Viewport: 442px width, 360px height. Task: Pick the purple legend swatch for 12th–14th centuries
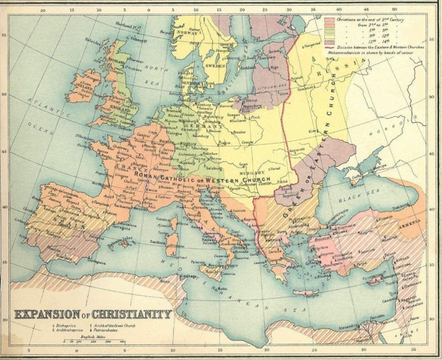tap(330, 42)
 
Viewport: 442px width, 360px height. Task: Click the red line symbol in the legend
tap(330, 48)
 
